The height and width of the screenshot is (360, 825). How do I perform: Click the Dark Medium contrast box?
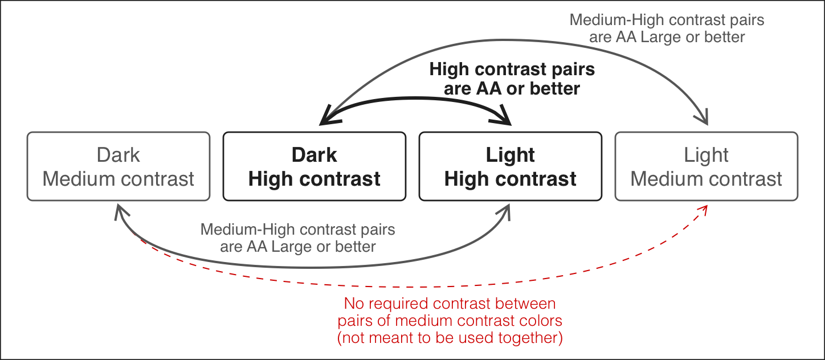click(x=119, y=166)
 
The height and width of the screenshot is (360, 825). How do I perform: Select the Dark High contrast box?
click(x=314, y=166)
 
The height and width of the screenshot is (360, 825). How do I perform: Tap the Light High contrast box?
click(x=510, y=166)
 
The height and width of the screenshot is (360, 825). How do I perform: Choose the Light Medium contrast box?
click(x=706, y=166)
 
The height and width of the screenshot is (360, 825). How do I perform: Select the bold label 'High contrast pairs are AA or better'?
click(x=512, y=79)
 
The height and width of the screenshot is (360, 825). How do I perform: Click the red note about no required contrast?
click(x=450, y=320)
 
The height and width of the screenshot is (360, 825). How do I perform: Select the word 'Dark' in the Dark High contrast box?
click(x=314, y=155)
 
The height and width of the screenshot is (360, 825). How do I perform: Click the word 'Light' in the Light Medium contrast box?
click(x=706, y=155)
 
